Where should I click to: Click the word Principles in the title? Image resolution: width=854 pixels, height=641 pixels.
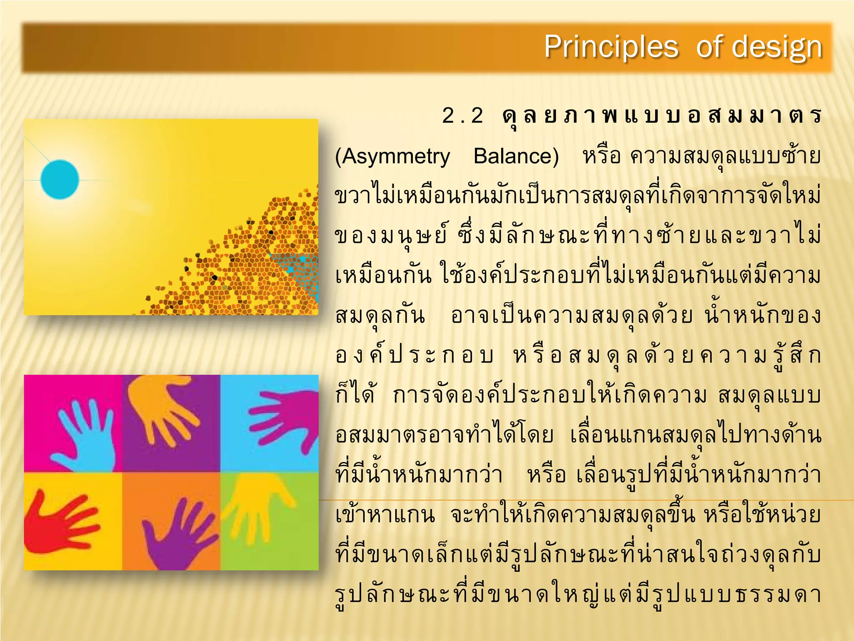click(611, 47)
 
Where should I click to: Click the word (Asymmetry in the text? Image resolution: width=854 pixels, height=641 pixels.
click(392, 156)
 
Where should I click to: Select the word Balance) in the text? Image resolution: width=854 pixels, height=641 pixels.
click(516, 156)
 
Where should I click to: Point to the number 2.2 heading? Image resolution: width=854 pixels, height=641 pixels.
click(462, 116)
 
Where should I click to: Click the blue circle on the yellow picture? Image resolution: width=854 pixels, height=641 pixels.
click(60, 179)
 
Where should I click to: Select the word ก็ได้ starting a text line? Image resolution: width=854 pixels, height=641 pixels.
click(355, 395)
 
